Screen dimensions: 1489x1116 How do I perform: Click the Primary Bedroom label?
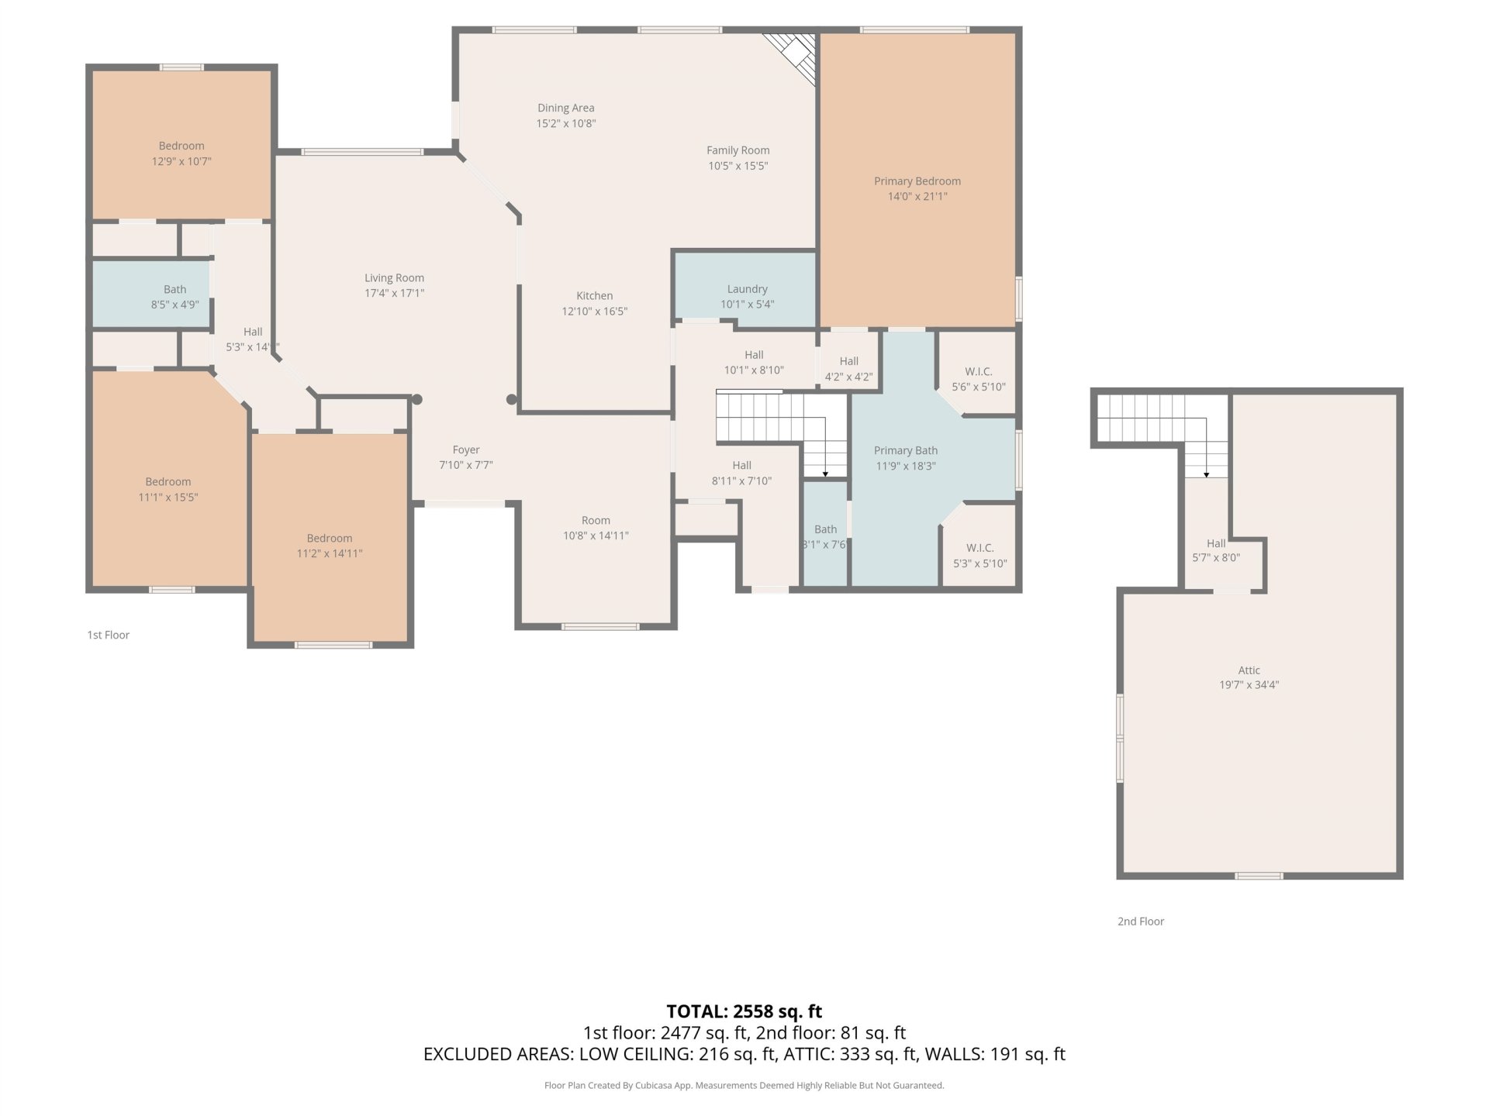(917, 181)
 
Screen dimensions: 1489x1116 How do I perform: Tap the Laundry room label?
(748, 289)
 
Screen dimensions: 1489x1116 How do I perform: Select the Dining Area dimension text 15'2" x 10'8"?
(566, 123)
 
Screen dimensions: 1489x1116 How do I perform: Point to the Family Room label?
(738, 150)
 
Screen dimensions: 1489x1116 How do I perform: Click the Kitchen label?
(595, 296)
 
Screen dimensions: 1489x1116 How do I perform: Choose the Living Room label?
(395, 278)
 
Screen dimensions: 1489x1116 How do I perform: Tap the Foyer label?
(466, 450)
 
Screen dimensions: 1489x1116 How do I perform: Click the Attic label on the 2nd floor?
(1249, 670)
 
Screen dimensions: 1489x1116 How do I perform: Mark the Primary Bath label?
(906, 451)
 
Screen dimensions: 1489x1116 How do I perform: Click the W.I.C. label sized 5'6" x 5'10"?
(979, 372)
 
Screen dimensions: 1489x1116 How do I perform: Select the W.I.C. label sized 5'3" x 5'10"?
(980, 548)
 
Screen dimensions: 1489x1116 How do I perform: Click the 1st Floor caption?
(109, 635)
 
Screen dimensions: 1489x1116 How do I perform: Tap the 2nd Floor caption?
(1141, 921)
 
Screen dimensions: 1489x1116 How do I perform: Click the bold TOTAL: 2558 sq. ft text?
(744, 1011)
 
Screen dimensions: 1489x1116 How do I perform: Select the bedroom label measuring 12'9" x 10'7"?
(181, 146)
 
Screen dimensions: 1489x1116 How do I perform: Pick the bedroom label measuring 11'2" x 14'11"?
(330, 539)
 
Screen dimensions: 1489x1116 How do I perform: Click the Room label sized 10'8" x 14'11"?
(596, 521)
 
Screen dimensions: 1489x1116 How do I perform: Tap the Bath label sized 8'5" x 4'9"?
(175, 290)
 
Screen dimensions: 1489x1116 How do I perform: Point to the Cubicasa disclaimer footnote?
(744, 1086)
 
